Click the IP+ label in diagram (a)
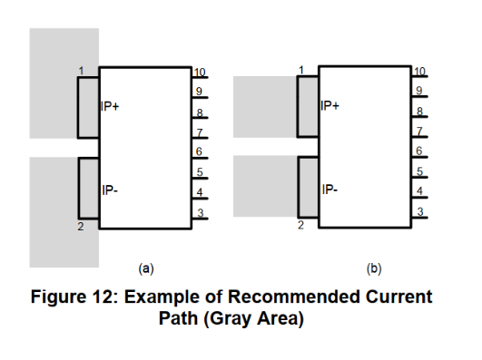point(111,106)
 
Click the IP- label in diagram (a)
point(109,191)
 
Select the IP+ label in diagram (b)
point(330,106)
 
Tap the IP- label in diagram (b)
point(330,190)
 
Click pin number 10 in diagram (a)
point(200,72)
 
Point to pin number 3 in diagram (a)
point(199,212)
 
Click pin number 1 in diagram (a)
point(81,71)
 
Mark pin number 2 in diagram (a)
point(79,226)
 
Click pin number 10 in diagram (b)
point(418,71)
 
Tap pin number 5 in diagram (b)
point(418,170)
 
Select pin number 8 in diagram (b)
point(418,111)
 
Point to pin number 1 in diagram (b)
point(300,70)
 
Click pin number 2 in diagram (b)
point(300,225)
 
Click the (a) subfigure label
point(144,268)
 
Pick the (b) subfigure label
point(373,268)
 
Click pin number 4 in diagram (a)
point(199,191)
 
